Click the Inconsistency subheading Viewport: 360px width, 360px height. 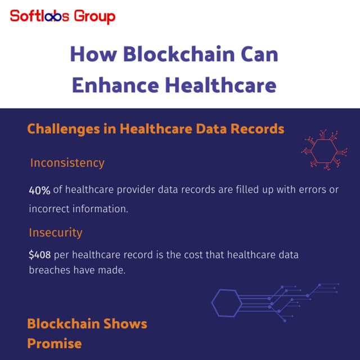[67, 163]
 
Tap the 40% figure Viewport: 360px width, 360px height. [40, 190]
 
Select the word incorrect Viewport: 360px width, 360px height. [49, 209]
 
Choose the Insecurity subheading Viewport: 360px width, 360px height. [56, 232]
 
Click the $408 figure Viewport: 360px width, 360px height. [39, 255]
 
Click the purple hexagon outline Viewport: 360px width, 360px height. [227, 303]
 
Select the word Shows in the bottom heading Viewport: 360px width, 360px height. [125, 324]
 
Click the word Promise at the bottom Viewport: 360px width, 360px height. [54, 343]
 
